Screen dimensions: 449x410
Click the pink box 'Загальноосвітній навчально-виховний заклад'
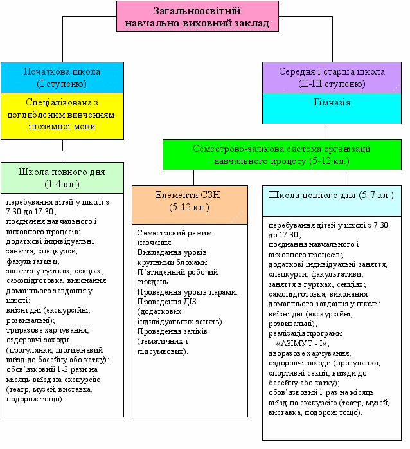coord(197,17)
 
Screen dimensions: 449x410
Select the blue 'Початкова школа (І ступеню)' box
coord(62,77)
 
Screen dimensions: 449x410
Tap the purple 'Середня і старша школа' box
coord(332,77)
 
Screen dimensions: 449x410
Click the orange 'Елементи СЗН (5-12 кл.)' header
coord(190,201)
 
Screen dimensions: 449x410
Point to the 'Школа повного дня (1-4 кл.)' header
coord(62,178)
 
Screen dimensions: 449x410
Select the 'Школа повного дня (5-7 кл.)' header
coord(332,195)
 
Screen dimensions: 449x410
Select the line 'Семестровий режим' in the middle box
coord(174,233)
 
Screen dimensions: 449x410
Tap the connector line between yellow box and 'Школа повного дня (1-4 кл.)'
coord(62,151)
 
